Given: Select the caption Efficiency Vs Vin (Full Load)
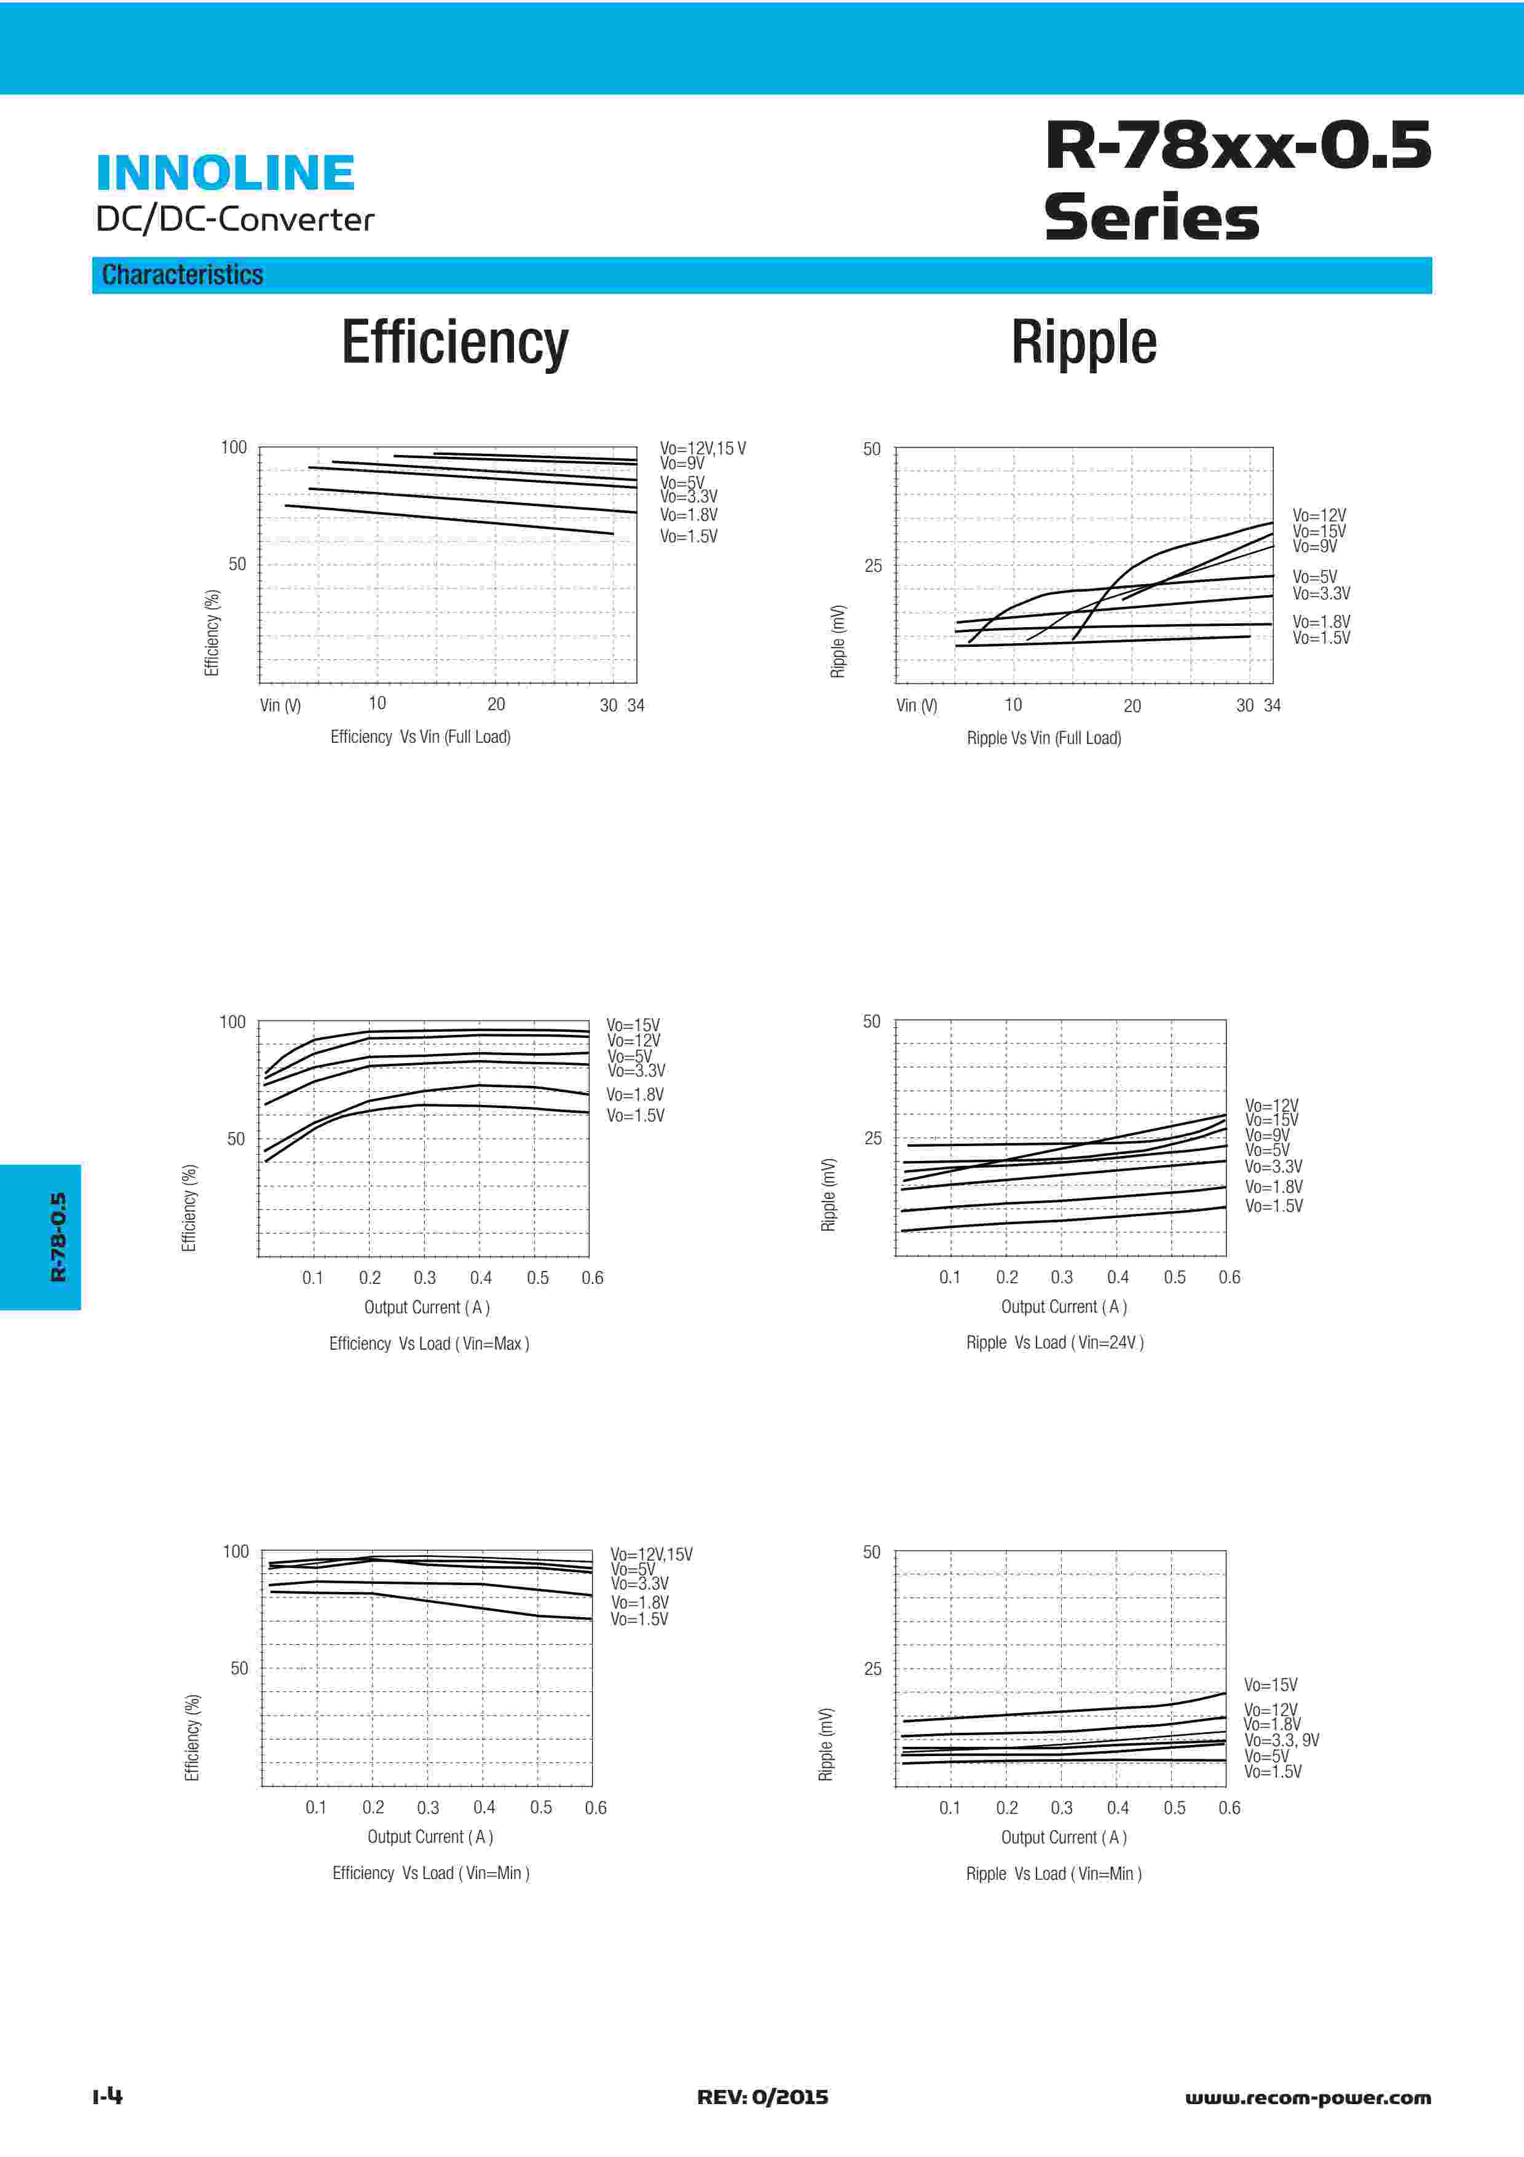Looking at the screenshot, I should pos(420,737).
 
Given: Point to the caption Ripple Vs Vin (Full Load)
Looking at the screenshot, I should pos(1043,738).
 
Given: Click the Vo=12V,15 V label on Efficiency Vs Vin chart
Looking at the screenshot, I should pos(703,448).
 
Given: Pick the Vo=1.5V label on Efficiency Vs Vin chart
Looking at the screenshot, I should pos(689,536).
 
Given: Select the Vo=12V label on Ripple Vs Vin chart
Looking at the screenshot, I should pos(1318,516).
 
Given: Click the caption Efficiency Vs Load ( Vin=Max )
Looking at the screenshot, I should pos(429,1344).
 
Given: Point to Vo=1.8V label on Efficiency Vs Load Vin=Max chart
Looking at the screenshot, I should pos(635,1094).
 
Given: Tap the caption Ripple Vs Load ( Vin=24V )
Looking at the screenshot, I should pos(1054,1342).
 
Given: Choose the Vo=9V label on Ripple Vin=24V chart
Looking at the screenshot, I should pos(1266,1135).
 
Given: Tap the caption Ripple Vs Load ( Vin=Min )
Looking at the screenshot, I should pos(1054,1874).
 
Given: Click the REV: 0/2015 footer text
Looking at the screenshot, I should pos(762,2097).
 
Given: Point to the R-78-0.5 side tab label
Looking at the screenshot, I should pos(58,1237).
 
